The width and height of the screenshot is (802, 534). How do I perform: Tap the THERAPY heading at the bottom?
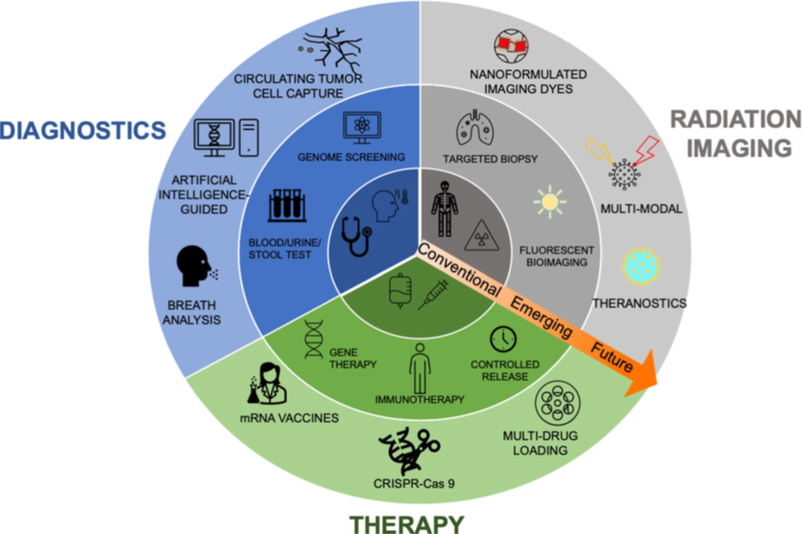406,523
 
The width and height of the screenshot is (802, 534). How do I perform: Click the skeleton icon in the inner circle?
445,209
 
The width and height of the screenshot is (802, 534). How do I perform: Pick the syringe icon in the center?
432,293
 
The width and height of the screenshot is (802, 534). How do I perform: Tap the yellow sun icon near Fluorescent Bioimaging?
549,202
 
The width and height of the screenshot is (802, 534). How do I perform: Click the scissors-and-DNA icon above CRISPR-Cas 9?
408,452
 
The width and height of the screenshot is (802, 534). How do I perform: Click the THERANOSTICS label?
638,304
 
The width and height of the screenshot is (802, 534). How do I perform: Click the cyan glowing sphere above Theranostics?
639,267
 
